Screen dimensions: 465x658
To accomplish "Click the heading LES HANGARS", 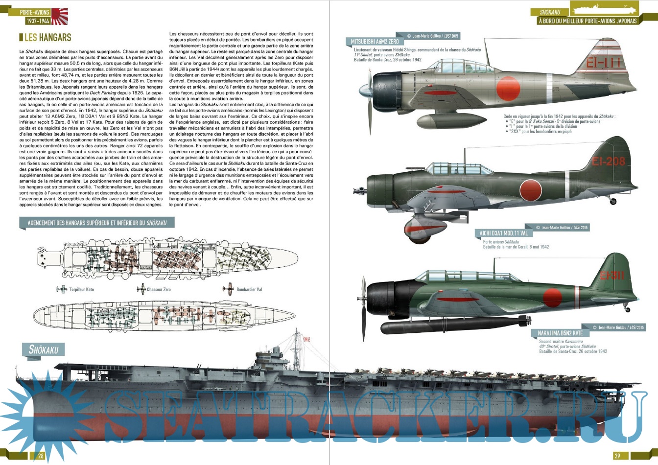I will [47, 38].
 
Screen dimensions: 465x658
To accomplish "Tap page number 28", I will [41, 456].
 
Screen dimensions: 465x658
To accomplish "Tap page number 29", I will [617, 456].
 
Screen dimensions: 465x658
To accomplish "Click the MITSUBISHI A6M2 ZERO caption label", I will [375, 42].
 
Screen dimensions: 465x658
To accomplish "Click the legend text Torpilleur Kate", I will [81, 289].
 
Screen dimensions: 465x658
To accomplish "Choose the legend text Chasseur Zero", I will [159, 289].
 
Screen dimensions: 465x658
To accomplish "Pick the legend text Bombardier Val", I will [249, 289].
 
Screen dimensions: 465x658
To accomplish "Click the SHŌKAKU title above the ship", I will [44, 349].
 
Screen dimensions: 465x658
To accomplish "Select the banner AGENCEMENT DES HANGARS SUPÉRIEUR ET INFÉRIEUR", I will [97, 223].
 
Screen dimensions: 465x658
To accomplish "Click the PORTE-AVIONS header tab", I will [34, 12].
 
